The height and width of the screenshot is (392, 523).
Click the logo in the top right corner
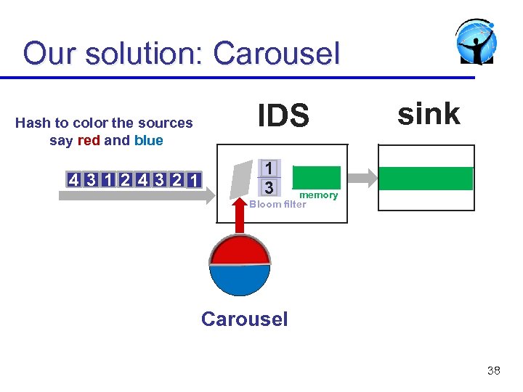click(477, 43)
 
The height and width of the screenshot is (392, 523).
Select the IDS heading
click(283, 116)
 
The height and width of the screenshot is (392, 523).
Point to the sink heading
click(429, 114)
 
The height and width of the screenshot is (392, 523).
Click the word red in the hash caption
click(89, 140)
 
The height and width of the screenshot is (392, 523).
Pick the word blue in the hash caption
click(148, 140)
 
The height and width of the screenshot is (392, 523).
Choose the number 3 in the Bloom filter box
click(269, 187)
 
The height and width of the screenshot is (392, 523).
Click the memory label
click(319, 195)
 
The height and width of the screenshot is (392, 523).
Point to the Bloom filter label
click(277, 204)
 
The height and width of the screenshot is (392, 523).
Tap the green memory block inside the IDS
click(316, 178)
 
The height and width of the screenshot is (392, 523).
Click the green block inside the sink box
click(426, 179)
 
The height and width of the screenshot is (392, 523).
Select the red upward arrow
click(240, 217)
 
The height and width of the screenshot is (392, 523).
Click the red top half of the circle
click(240, 251)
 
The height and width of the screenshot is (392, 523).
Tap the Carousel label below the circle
click(244, 319)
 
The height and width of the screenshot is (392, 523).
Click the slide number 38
click(493, 370)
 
